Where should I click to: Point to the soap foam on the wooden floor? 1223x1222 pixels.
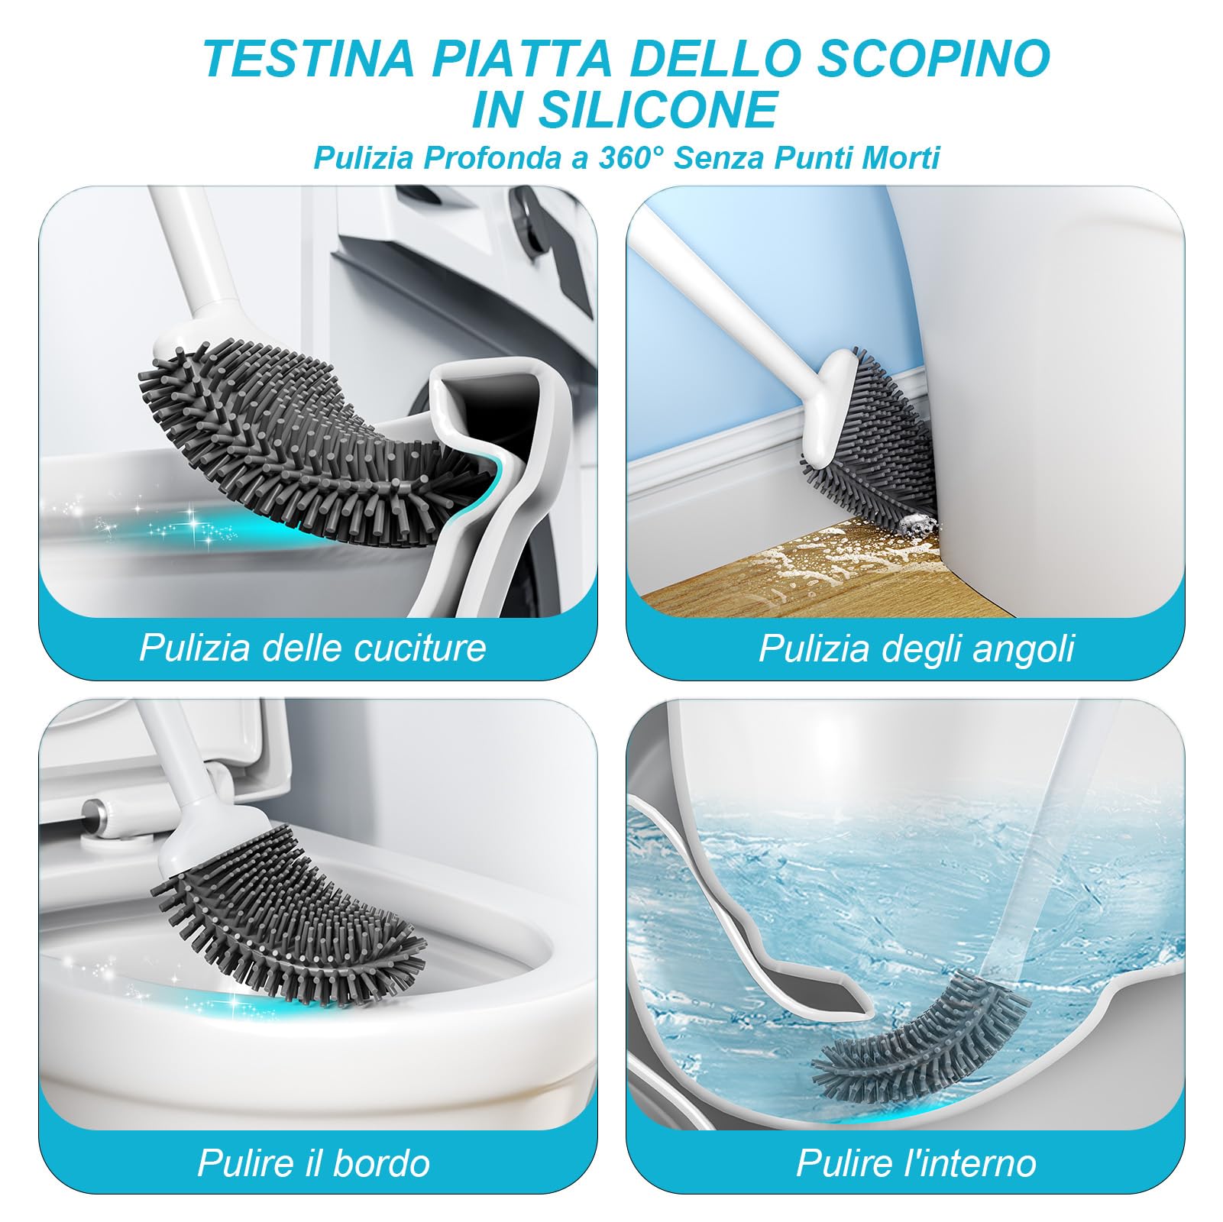click(x=802, y=565)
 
